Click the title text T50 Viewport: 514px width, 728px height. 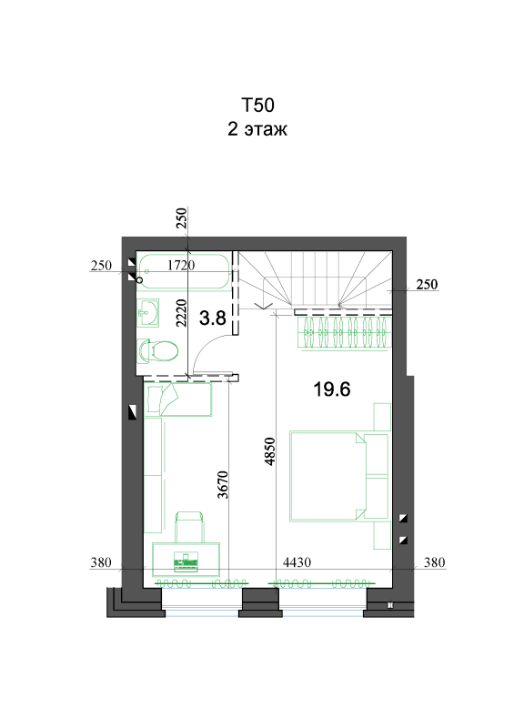[x=257, y=106]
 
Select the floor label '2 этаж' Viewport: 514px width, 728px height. [x=257, y=129]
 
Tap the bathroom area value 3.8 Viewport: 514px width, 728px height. [x=213, y=318]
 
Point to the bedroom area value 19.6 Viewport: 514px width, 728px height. [x=331, y=389]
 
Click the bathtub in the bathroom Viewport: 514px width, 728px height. [x=185, y=270]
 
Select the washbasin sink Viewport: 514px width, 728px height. [x=148, y=313]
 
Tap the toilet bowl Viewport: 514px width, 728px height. [x=158, y=350]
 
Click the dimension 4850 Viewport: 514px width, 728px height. [x=270, y=451]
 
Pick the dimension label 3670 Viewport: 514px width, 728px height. [x=223, y=485]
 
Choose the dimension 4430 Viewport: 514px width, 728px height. [x=297, y=562]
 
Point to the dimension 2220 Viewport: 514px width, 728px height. [x=181, y=313]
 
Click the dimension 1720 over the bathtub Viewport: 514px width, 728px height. [x=181, y=265]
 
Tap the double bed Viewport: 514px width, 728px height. [x=339, y=476]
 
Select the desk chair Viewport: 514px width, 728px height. [x=189, y=527]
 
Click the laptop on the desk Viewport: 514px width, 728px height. [x=186, y=561]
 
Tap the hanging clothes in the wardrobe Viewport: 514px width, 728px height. [x=345, y=332]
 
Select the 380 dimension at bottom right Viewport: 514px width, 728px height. [x=435, y=562]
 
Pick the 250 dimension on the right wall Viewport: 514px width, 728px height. [x=427, y=284]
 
